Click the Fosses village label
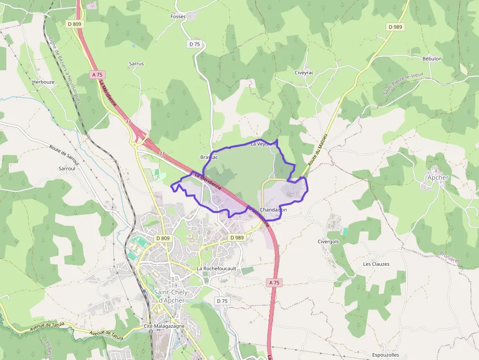tap(178, 17)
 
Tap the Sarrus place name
tap(136, 64)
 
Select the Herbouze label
tap(44, 82)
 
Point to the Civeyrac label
tap(304, 72)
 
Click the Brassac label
tap(209, 157)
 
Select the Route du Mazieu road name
tap(317, 151)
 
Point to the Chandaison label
tap(274, 210)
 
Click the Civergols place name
tap(328, 241)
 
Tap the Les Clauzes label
tap(376, 264)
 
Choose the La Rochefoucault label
tap(217, 269)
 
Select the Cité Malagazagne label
tap(164, 326)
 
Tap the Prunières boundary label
tap(449, 257)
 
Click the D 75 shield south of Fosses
tap(195, 44)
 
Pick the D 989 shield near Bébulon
tap(395, 27)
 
